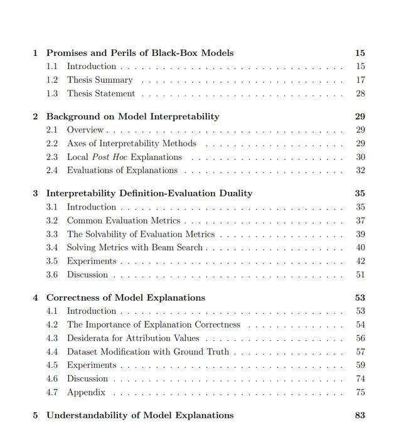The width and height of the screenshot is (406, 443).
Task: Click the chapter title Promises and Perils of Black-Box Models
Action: click(x=140, y=53)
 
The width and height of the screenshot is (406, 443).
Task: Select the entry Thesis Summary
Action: click(x=100, y=80)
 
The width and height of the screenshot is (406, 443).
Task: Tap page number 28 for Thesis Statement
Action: click(x=360, y=94)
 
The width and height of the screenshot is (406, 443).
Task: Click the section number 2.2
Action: click(x=52, y=144)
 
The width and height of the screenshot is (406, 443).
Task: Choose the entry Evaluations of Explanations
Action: click(x=122, y=171)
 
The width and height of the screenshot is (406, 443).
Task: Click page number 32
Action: click(x=360, y=171)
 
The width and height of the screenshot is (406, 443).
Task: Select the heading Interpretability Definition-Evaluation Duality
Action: click(x=149, y=193)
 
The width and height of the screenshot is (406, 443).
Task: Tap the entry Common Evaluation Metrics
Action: click(x=124, y=221)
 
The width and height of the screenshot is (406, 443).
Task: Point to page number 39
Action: click(x=360, y=234)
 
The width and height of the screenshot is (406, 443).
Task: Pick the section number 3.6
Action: click(x=52, y=275)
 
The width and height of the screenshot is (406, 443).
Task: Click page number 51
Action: click(x=360, y=275)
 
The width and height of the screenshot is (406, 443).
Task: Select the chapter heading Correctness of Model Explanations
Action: click(x=126, y=297)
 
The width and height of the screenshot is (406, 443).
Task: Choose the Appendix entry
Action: click(x=86, y=393)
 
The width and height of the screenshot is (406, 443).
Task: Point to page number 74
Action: click(x=360, y=379)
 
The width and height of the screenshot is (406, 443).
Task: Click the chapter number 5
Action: click(x=36, y=415)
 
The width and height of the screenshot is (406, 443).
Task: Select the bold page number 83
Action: click(x=360, y=415)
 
